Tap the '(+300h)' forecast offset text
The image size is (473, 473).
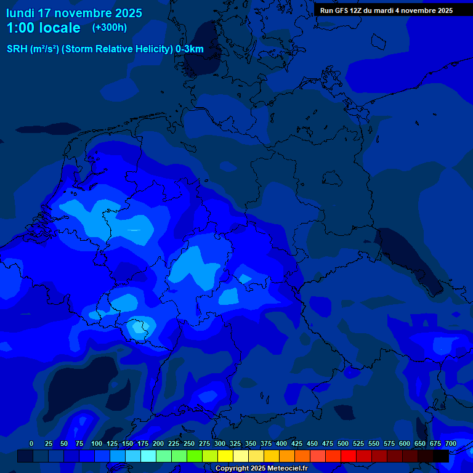pos(110,28)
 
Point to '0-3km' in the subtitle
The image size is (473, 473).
pos(189,49)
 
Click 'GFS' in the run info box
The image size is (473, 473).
pos(342,10)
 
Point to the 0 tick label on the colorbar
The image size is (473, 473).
pos(31,443)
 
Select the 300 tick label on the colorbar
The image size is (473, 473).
pos(220,443)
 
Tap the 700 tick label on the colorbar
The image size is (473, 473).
pos(450,443)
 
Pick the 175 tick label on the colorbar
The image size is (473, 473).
pos(143,443)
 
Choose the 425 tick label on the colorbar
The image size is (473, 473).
pos(297,443)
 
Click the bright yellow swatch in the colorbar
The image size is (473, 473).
pos(225,456)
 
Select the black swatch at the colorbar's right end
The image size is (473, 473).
pos(441,456)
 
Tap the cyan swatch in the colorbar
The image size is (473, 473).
pos(148,456)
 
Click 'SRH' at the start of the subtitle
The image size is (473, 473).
pos(17,49)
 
